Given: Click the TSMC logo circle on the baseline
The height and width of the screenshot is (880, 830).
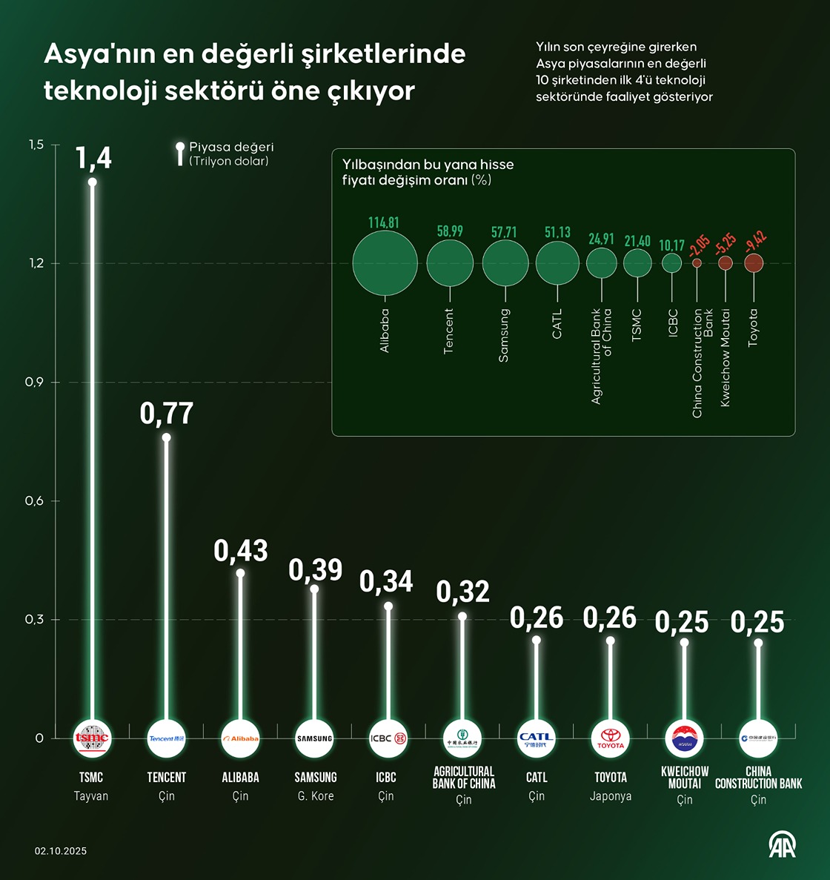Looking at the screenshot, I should (92, 738).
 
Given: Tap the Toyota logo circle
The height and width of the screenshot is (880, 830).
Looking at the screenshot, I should (611, 738).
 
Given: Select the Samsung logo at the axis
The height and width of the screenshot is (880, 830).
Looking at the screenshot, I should (314, 738).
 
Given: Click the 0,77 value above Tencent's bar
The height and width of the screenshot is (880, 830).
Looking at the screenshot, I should (167, 414).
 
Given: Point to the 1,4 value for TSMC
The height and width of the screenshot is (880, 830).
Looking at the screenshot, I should (94, 158).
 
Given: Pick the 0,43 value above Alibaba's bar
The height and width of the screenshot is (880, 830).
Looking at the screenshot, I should (241, 551).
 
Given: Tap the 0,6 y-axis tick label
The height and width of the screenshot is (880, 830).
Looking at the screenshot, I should (35, 501).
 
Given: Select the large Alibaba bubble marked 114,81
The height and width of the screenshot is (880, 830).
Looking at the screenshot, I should (385, 263).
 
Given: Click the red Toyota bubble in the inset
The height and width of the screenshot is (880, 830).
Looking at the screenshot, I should (754, 262).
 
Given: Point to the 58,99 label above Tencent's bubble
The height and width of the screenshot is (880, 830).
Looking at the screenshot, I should (450, 231).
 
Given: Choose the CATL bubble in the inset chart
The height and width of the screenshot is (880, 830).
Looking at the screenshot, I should (557, 263).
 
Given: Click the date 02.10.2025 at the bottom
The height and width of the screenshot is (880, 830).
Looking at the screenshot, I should (61, 851).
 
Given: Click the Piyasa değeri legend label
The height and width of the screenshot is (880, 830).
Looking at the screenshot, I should (231, 147).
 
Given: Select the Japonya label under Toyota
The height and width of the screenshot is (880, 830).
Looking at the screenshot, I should (611, 797).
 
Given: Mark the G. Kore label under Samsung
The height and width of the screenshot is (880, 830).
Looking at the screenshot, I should (315, 796).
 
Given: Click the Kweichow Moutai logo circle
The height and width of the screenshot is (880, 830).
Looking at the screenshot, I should (684, 738).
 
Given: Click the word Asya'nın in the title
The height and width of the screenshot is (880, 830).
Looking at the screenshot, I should (99, 53).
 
